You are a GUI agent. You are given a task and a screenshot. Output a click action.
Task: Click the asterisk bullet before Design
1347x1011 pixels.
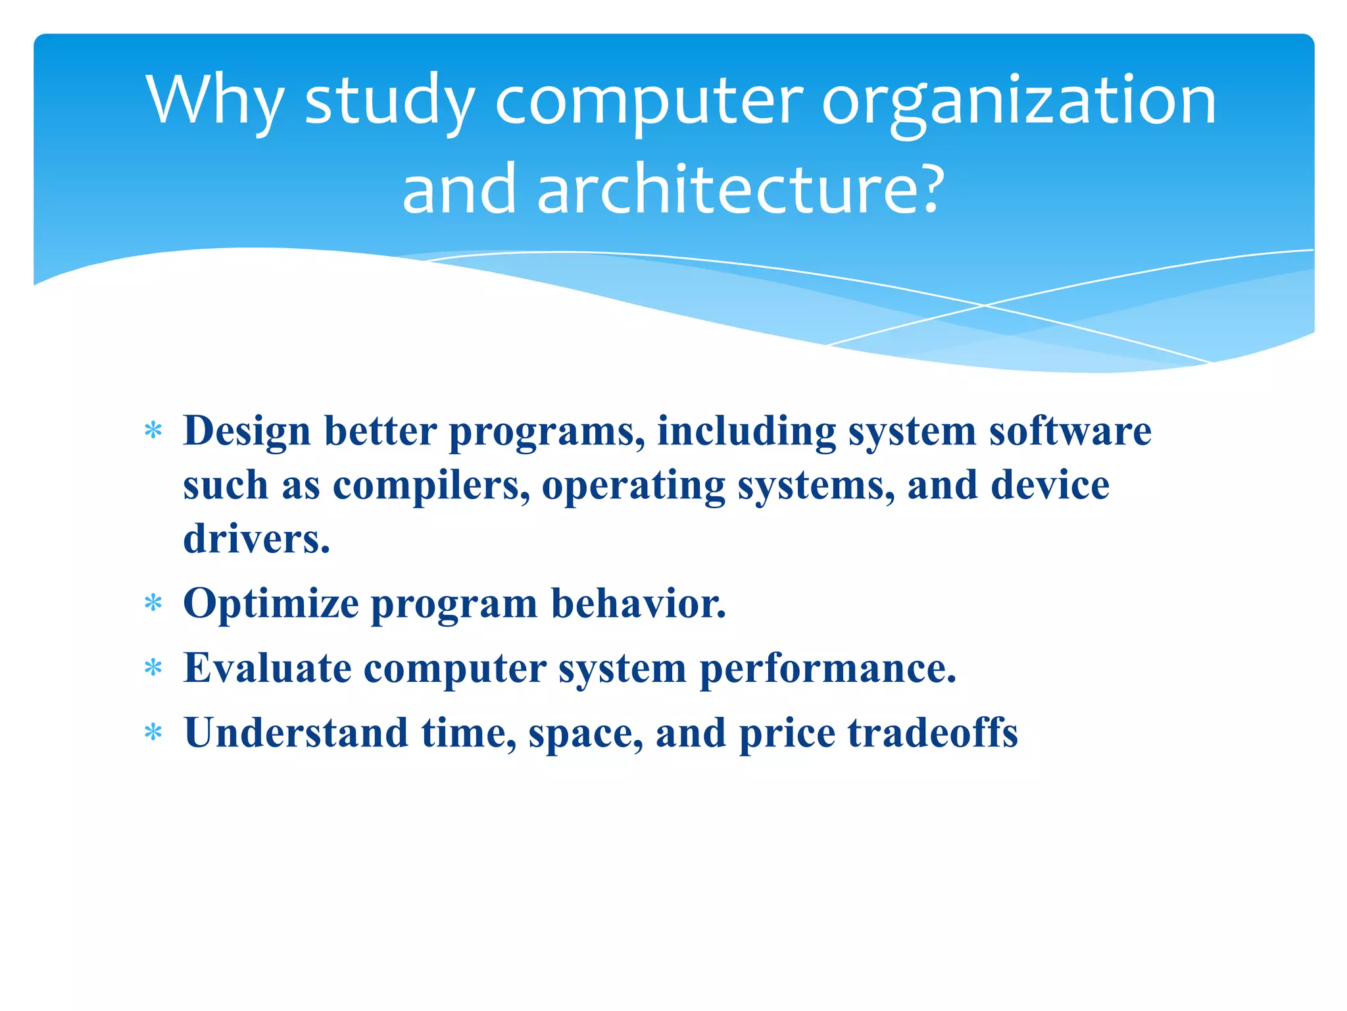153,431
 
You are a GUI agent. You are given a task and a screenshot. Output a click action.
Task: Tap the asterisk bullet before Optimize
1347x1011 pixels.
153,603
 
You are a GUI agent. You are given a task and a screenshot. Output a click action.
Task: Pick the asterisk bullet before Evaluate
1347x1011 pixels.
153,669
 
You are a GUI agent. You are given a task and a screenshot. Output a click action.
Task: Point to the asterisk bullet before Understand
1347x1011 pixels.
153,733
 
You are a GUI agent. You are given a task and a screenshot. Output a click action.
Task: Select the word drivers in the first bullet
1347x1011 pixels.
256,538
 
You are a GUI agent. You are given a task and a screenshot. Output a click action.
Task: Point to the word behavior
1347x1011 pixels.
638,603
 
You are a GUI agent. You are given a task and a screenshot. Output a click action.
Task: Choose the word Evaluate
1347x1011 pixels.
267,668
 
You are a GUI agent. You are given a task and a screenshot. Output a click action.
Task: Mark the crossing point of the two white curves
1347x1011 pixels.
985,305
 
